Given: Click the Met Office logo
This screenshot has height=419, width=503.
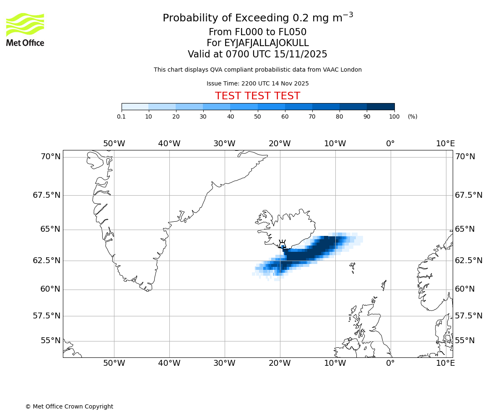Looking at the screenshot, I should (x=25, y=29).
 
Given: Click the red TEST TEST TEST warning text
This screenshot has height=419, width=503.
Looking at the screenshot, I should (x=257, y=96).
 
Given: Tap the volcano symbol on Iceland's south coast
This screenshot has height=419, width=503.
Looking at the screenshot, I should (x=282, y=244).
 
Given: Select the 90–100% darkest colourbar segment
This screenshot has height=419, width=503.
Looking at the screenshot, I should (x=381, y=107).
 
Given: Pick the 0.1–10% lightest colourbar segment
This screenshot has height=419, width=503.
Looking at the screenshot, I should (x=135, y=107).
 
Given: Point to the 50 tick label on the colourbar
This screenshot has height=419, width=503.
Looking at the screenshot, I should (x=257, y=116).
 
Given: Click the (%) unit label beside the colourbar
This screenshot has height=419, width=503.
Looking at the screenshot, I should (x=412, y=116).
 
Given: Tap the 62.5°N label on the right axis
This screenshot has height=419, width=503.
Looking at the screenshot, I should (x=469, y=260).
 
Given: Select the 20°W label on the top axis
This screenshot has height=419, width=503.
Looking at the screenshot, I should (x=280, y=144).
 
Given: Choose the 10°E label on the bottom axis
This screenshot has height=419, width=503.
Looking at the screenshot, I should (x=445, y=363).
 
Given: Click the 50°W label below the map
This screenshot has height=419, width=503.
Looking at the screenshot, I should (x=114, y=363).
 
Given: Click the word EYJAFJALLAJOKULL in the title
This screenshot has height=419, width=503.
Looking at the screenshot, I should (x=267, y=43).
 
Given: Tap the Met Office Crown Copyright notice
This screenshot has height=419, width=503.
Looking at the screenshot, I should (x=69, y=406).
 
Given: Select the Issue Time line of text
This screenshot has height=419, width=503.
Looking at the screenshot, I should (x=257, y=83).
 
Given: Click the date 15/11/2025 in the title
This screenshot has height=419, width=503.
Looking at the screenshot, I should (x=301, y=54).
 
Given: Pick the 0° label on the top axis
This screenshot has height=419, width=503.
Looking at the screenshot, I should (x=390, y=144).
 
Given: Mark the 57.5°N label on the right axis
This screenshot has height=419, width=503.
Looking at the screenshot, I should (x=469, y=316).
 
